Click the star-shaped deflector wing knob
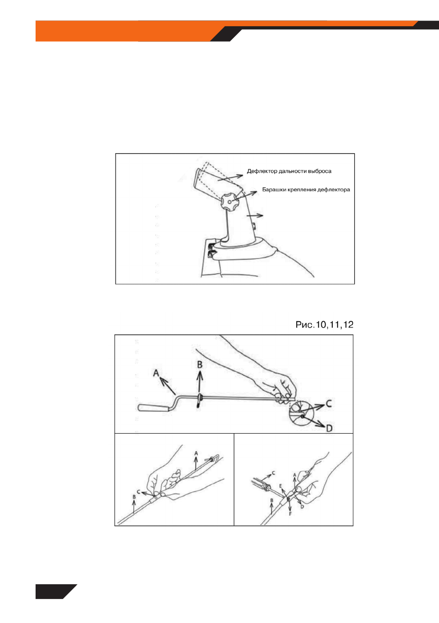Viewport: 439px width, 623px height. tap(229, 200)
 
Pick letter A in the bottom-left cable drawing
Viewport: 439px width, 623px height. tap(196, 453)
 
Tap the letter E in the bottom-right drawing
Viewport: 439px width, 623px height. tap(281, 486)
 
